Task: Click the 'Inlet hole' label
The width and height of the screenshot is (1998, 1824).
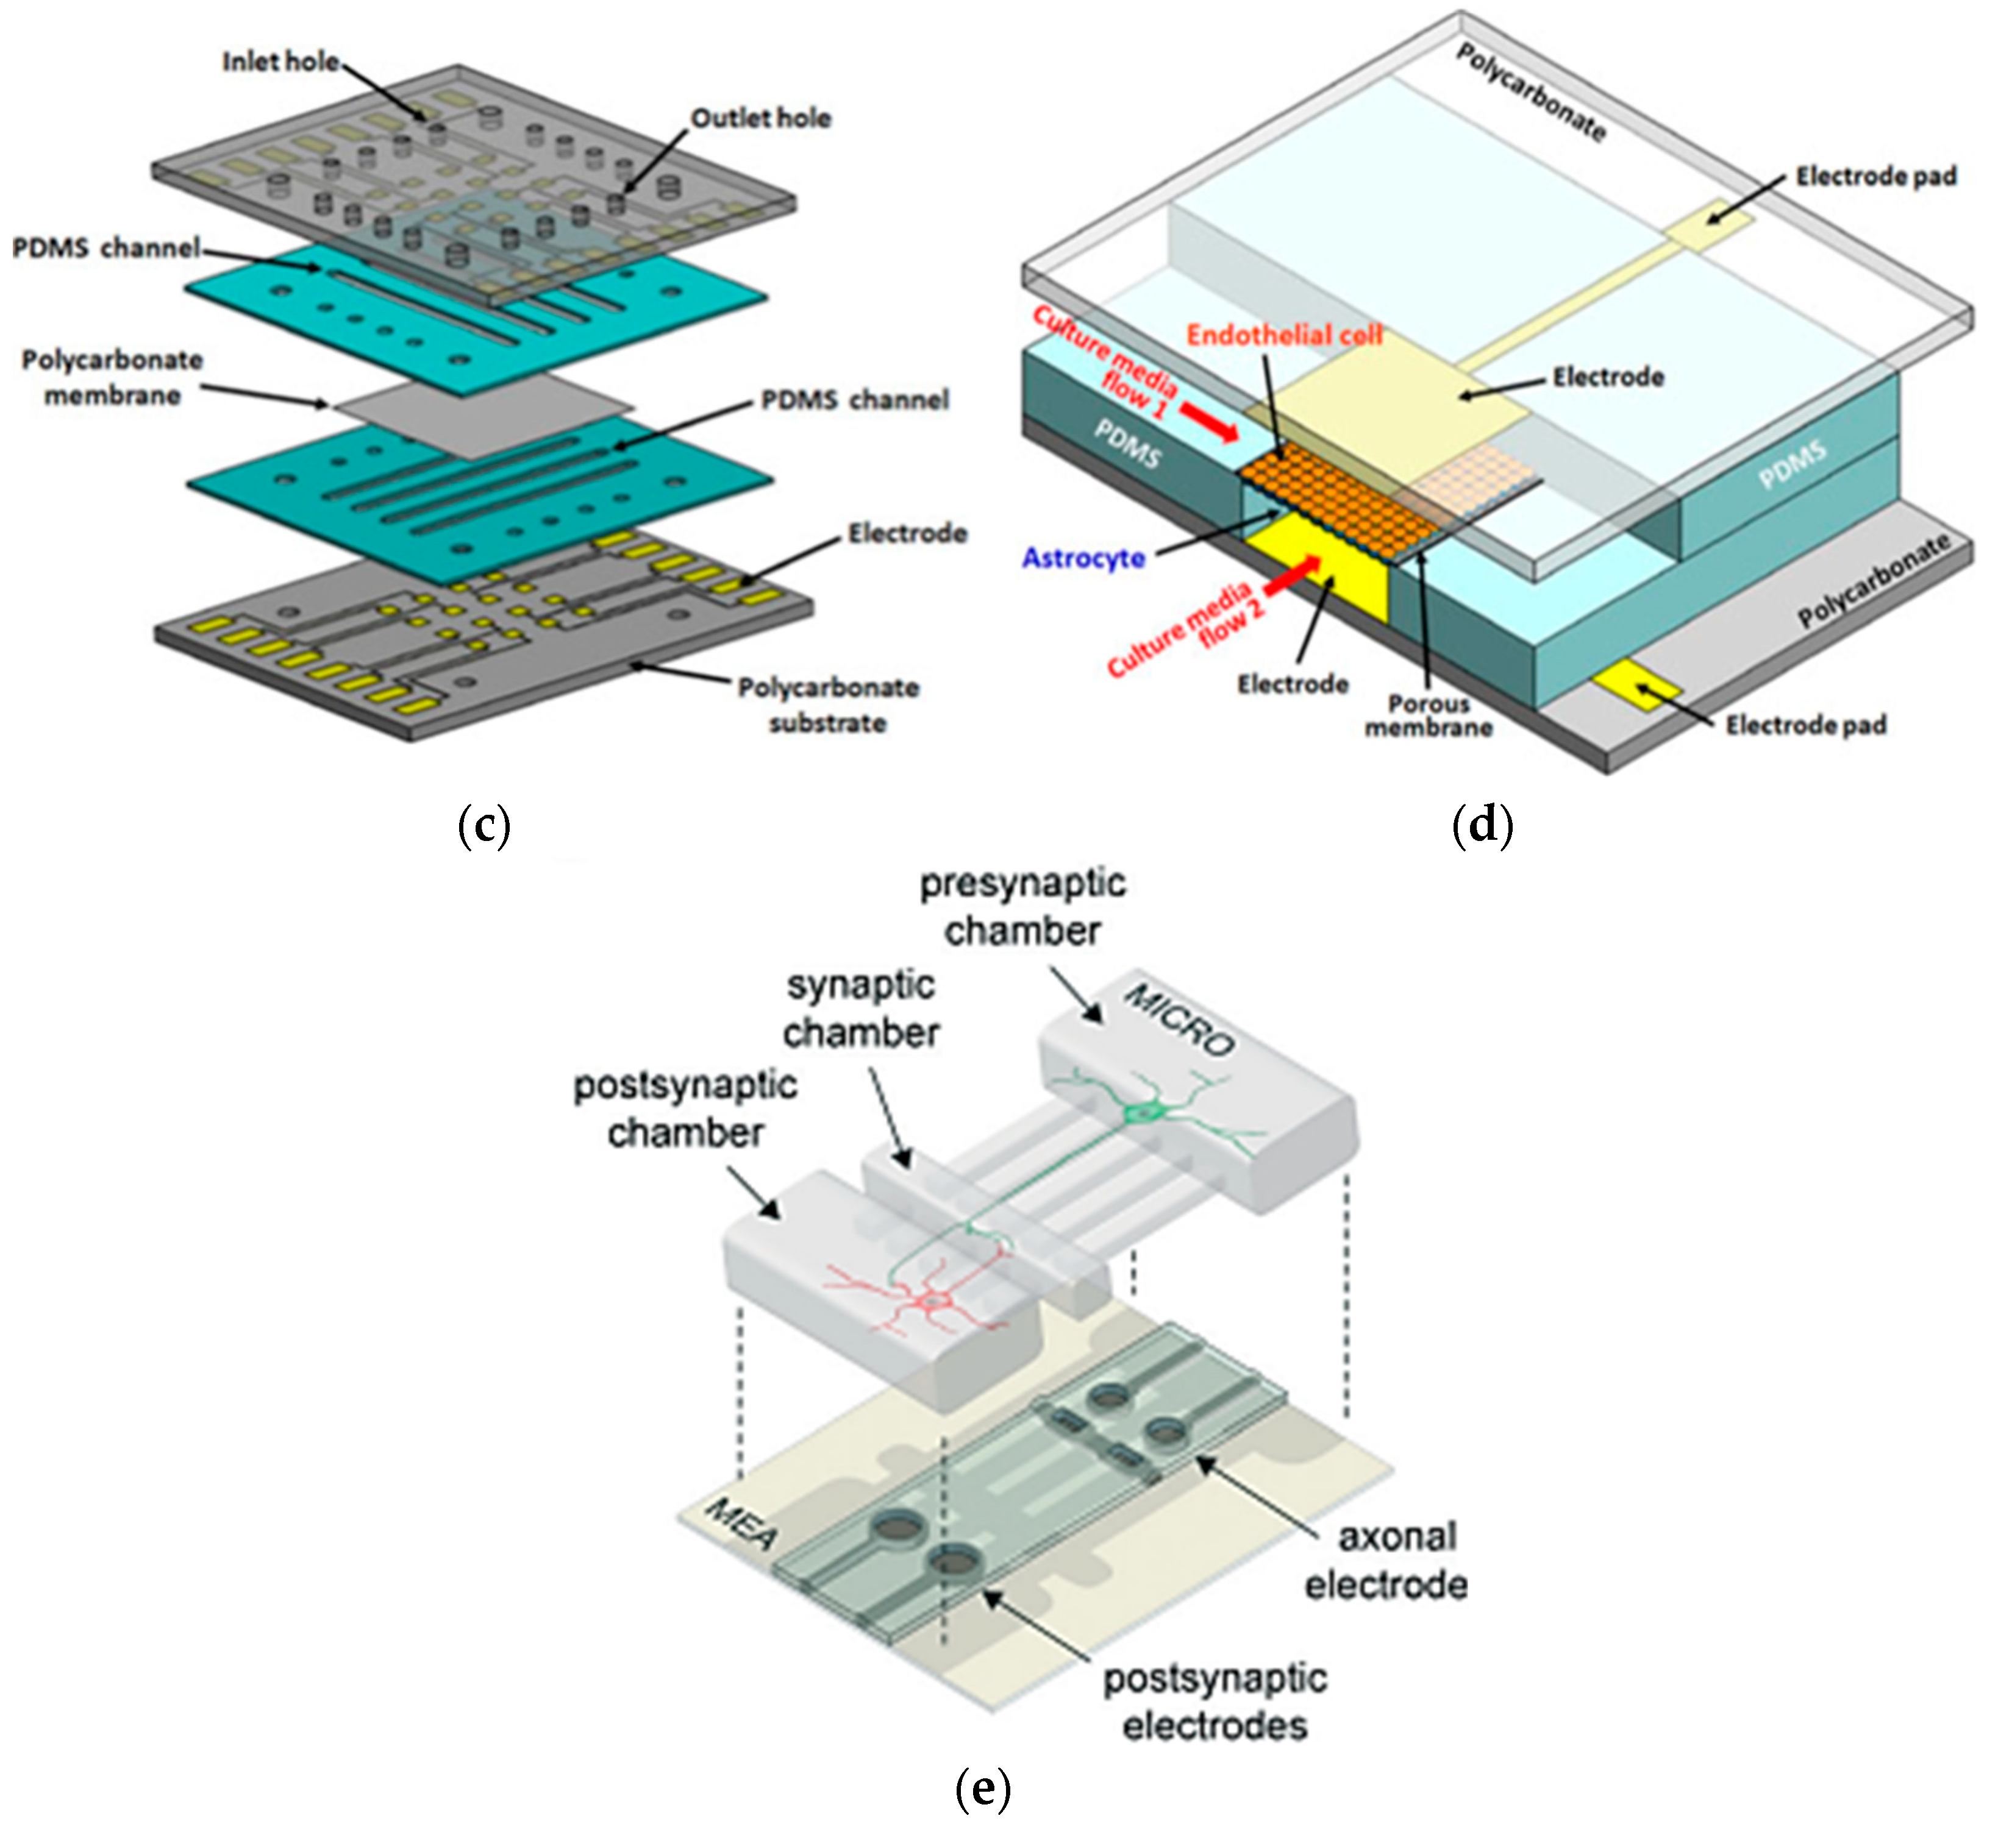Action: coord(280,62)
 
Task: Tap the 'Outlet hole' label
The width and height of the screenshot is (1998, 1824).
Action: coord(760,118)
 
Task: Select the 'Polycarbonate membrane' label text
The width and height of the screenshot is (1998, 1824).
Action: coord(112,377)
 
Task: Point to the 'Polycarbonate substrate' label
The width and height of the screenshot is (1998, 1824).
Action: coord(829,704)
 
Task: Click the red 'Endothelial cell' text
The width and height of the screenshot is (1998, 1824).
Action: coord(1285,335)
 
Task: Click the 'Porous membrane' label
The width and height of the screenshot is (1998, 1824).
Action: coord(1428,715)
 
